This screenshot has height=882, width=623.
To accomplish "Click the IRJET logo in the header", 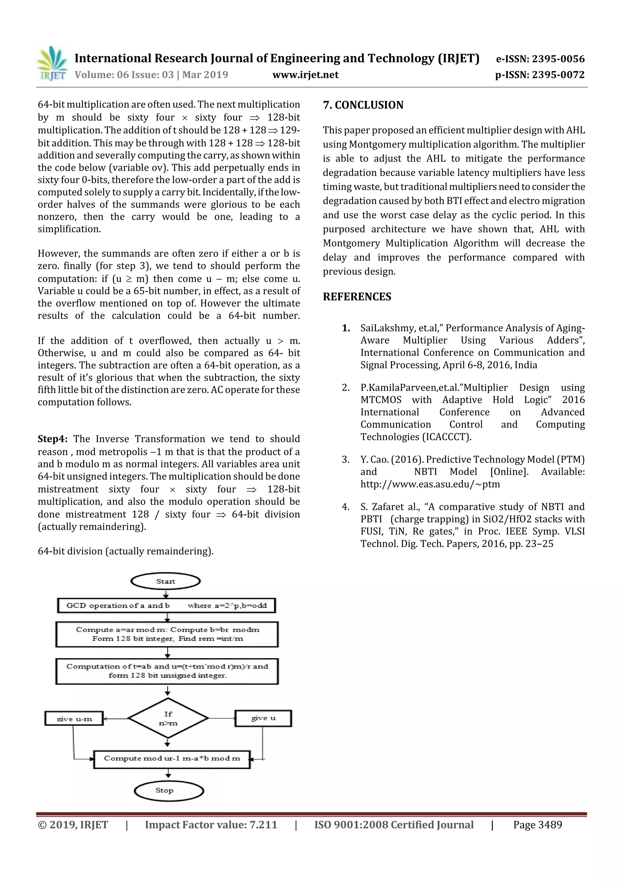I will point(52,64).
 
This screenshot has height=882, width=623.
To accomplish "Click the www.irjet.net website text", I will point(305,75).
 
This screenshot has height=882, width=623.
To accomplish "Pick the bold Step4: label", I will point(53,439).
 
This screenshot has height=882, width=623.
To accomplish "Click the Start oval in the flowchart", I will point(165,581).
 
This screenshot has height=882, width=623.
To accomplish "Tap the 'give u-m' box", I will point(74,718).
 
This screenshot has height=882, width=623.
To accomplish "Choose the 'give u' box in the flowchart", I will point(263,718).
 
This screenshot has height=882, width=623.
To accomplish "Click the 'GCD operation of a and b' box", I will point(166,606).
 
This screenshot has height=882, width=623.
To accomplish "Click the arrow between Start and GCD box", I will point(166,594).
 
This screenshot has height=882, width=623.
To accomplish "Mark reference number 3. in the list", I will point(346,459).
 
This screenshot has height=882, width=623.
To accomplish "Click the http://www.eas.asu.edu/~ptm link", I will point(430,484).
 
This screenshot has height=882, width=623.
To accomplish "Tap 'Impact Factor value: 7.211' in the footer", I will point(211,825).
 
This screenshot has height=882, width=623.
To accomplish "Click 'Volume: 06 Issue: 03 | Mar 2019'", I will point(151,75).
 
